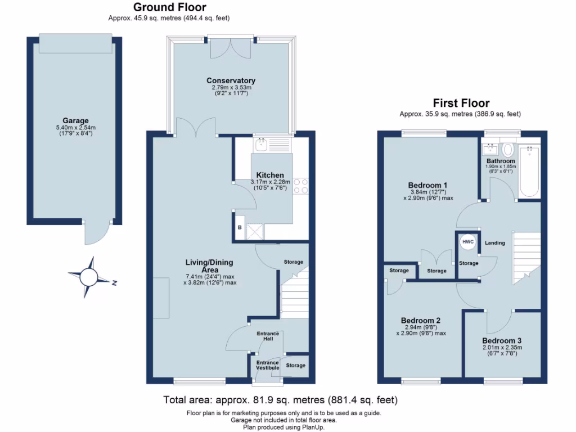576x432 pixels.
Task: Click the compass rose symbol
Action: pyautogui.click(x=89, y=276)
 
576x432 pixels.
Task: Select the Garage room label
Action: pyautogui.click(x=76, y=121)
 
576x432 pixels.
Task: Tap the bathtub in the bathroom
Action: pyautogui.click(x=529, y=171)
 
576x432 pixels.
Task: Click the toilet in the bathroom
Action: pyautogui.click(x=507, y=150)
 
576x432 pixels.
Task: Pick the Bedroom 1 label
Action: pyautogui.click(x=427, y=185)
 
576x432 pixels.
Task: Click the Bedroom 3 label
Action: pyautogui.click(x=502, y=341)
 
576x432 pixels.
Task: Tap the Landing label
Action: pyautogui.click(x=494, y=243)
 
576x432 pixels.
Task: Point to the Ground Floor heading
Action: pyautogui.click(x=169, y=8)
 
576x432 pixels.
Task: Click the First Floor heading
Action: pyautogui.click(x=460, y=103)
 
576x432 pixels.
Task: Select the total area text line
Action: pyautogui.click(x=280, y=400)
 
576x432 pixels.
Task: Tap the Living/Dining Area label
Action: pyautogui.click(x=209, y=266)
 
